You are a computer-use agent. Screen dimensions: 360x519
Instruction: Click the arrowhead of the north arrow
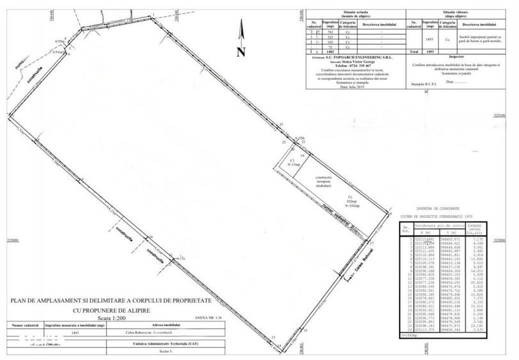[x=240, y=24]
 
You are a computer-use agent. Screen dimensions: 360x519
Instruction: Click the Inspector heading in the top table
[x=453, y=56]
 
